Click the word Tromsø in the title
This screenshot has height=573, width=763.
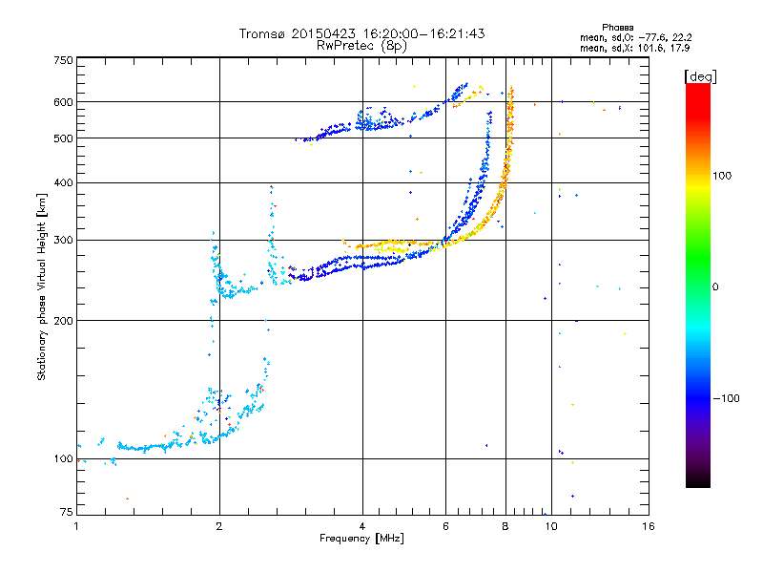pyautogui.click(x=263, y=33)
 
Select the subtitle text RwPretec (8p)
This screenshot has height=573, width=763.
pyautogui.click(x=361, y=46)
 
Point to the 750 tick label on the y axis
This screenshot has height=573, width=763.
pyautogui.click(x=63, y=60)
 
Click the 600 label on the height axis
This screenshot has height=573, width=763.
pyautogui.click(x=63, y=102)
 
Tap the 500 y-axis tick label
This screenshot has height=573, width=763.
pyautogui.click(x=63, y=138)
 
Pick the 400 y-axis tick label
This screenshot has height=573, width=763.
pyautogui.click(x=63, y=182)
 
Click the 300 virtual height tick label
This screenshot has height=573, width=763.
pyautogui.click(x=63, y=240)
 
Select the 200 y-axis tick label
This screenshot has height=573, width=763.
pyautogui.click(x=63, y=321)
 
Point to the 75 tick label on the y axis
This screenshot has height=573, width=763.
pyautogui.click(x=67, y=512)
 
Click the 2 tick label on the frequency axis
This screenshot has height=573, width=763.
pyautogui.click(x=219, y=526)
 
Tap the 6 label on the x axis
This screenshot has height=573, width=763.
pyautogui.click(x=445, y=526)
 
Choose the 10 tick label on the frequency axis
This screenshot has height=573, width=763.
pyautogui.click(x=551, y=526)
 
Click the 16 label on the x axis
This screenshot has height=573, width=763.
pyautogui.click(x=649, y=526)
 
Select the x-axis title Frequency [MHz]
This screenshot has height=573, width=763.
pyautogui.click(x=361, y=539)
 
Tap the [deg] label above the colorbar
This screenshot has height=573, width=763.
pyautogui.click(x=700, y=77)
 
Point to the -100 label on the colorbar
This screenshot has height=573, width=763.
pyautogui.click(x=726, y=398)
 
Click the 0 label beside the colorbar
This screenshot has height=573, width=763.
pyautogui.click(x=715, y=287)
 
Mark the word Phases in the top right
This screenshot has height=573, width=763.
pyautogui.click(x=617, y=28)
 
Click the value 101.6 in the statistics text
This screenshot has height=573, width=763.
pyautogui.click(x=650, y=49)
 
